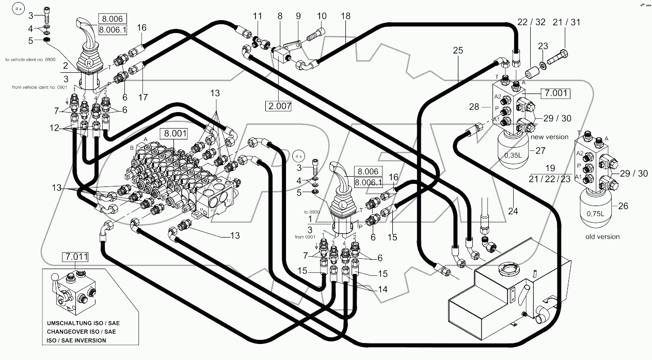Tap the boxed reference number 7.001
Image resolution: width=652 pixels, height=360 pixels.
pos(555,93)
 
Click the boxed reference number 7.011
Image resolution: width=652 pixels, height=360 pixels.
pos(74,256)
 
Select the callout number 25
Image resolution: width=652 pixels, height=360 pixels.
pos(458,51)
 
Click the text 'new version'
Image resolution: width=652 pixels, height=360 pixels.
pos(549,137)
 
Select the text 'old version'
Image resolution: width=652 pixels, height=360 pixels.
pos(602,237)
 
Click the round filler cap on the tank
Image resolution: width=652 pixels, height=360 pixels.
pos(505,270)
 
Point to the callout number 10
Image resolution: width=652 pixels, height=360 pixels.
pos(322,16)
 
